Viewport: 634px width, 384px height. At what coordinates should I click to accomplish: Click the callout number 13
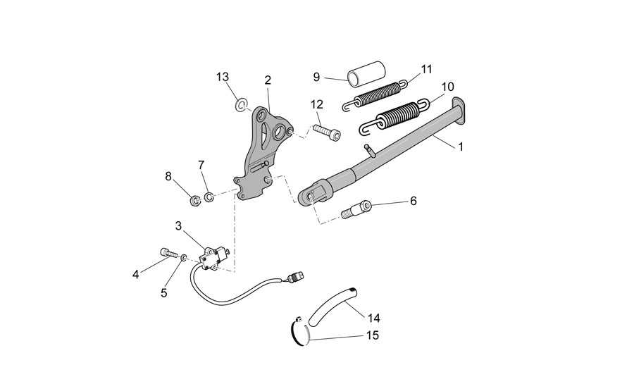tap(223, 77)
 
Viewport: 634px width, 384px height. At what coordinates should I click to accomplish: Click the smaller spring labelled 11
tap(375, 94)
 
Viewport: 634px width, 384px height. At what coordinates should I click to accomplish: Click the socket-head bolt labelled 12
tap(327, 132)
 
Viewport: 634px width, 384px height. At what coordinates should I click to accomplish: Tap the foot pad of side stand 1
tap(459, 109)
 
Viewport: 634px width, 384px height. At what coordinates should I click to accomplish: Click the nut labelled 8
tap(195, 200)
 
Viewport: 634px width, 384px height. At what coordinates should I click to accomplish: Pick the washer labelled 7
tap(209, 198)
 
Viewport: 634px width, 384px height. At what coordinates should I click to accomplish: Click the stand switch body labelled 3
tap(212, 256)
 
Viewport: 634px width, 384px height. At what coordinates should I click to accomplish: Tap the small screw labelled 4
tap(168, 253)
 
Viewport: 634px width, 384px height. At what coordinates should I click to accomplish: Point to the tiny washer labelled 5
tap(184, 257)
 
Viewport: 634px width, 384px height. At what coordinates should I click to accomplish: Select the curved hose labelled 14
tap(332, 306)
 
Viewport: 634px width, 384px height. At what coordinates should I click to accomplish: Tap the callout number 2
tap(268, 80)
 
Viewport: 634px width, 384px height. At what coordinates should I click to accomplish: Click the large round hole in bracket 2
tap(279, 131)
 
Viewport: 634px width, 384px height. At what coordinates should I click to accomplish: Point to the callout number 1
tap(461, 147)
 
